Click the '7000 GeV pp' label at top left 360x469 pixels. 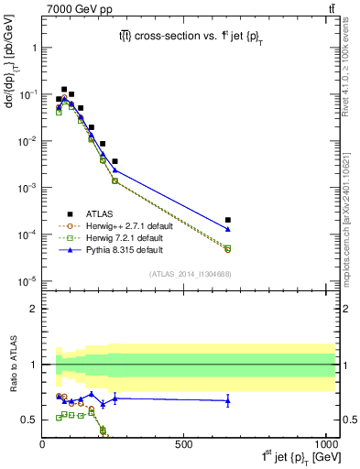(x=80, y=8)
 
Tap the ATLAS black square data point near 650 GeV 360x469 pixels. (x=227, y=220)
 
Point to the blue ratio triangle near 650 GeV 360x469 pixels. (x=227, y=400)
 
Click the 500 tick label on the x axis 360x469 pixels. (x=184, y=443)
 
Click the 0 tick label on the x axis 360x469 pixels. (x=43, y=443)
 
